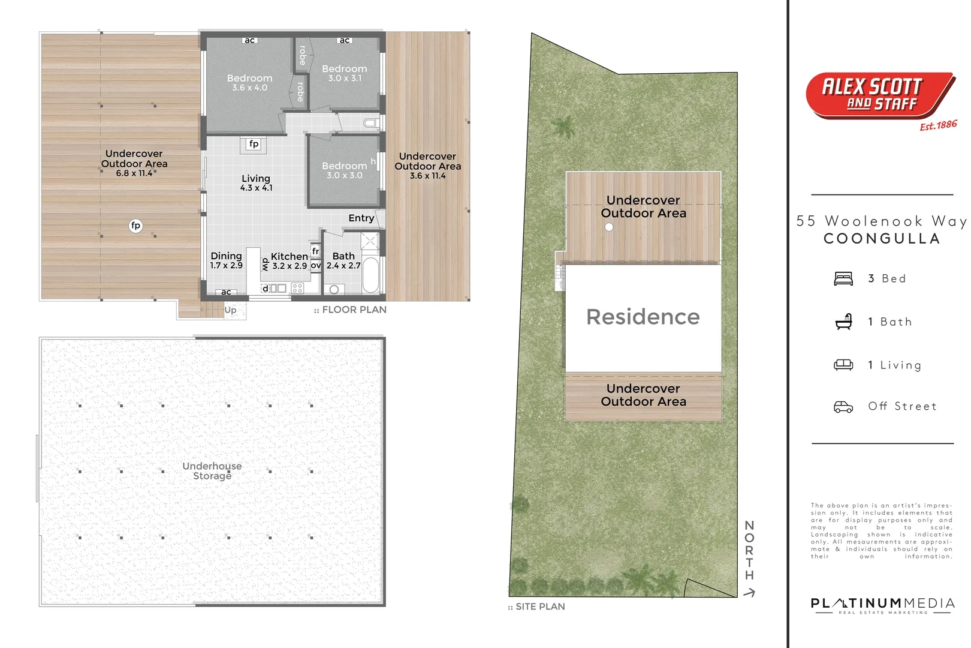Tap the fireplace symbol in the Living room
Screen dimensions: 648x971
tap(254, 144)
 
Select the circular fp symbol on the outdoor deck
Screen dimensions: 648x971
tap(135, 226)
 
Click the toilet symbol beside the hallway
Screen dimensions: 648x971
tap(372, 123)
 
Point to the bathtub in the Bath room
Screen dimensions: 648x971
tap(370, 275)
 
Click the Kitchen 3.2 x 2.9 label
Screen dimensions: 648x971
tap(289, 261)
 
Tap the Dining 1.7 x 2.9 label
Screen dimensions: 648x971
tap(226, 260)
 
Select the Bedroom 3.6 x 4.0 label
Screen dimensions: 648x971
tap(249, 82)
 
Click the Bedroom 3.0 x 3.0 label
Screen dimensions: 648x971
tap(344, 170)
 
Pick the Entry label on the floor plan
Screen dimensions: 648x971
tap(361, 218)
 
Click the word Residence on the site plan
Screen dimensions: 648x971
tap(643, 317)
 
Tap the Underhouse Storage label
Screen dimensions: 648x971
tap(212, 471)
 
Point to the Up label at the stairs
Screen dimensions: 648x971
tap(230, 310)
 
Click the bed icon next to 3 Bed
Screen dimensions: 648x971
tap(843, 279)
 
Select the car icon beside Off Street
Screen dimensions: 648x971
tap(843, 407)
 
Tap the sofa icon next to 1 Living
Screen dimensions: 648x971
tap(843, 365)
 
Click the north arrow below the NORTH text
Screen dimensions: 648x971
tap(749, 593)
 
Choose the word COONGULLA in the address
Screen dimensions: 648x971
tap(882, 239)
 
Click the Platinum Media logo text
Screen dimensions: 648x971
tap(882, 604)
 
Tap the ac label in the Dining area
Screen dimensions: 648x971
tap(226, 292)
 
